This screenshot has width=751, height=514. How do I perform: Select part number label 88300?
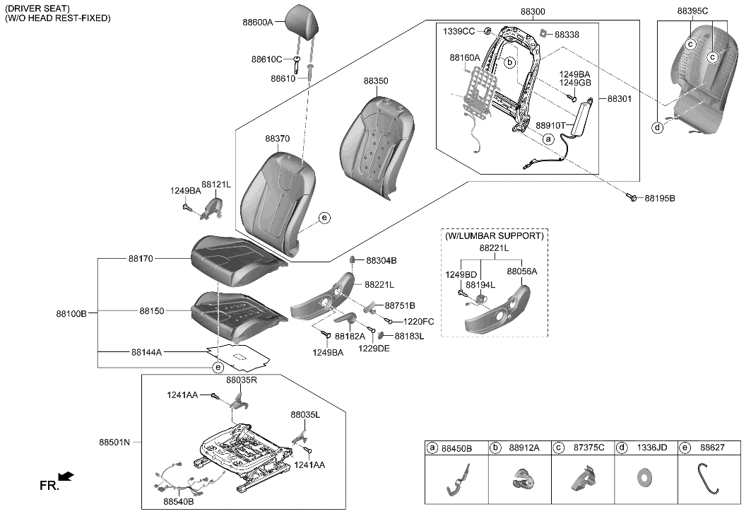tap(533, 12)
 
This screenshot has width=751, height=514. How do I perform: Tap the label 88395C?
tap(692, 11)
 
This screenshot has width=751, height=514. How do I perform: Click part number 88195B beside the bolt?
tap(659, 199)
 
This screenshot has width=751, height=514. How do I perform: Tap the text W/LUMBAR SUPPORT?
tap(495, 235)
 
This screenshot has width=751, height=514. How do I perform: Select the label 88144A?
tap(146, 351)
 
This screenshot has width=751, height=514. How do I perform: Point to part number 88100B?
tap(71, 312)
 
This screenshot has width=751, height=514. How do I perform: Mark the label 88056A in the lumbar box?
tap(521, 271)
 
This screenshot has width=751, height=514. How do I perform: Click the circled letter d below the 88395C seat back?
tap(657, 128)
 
